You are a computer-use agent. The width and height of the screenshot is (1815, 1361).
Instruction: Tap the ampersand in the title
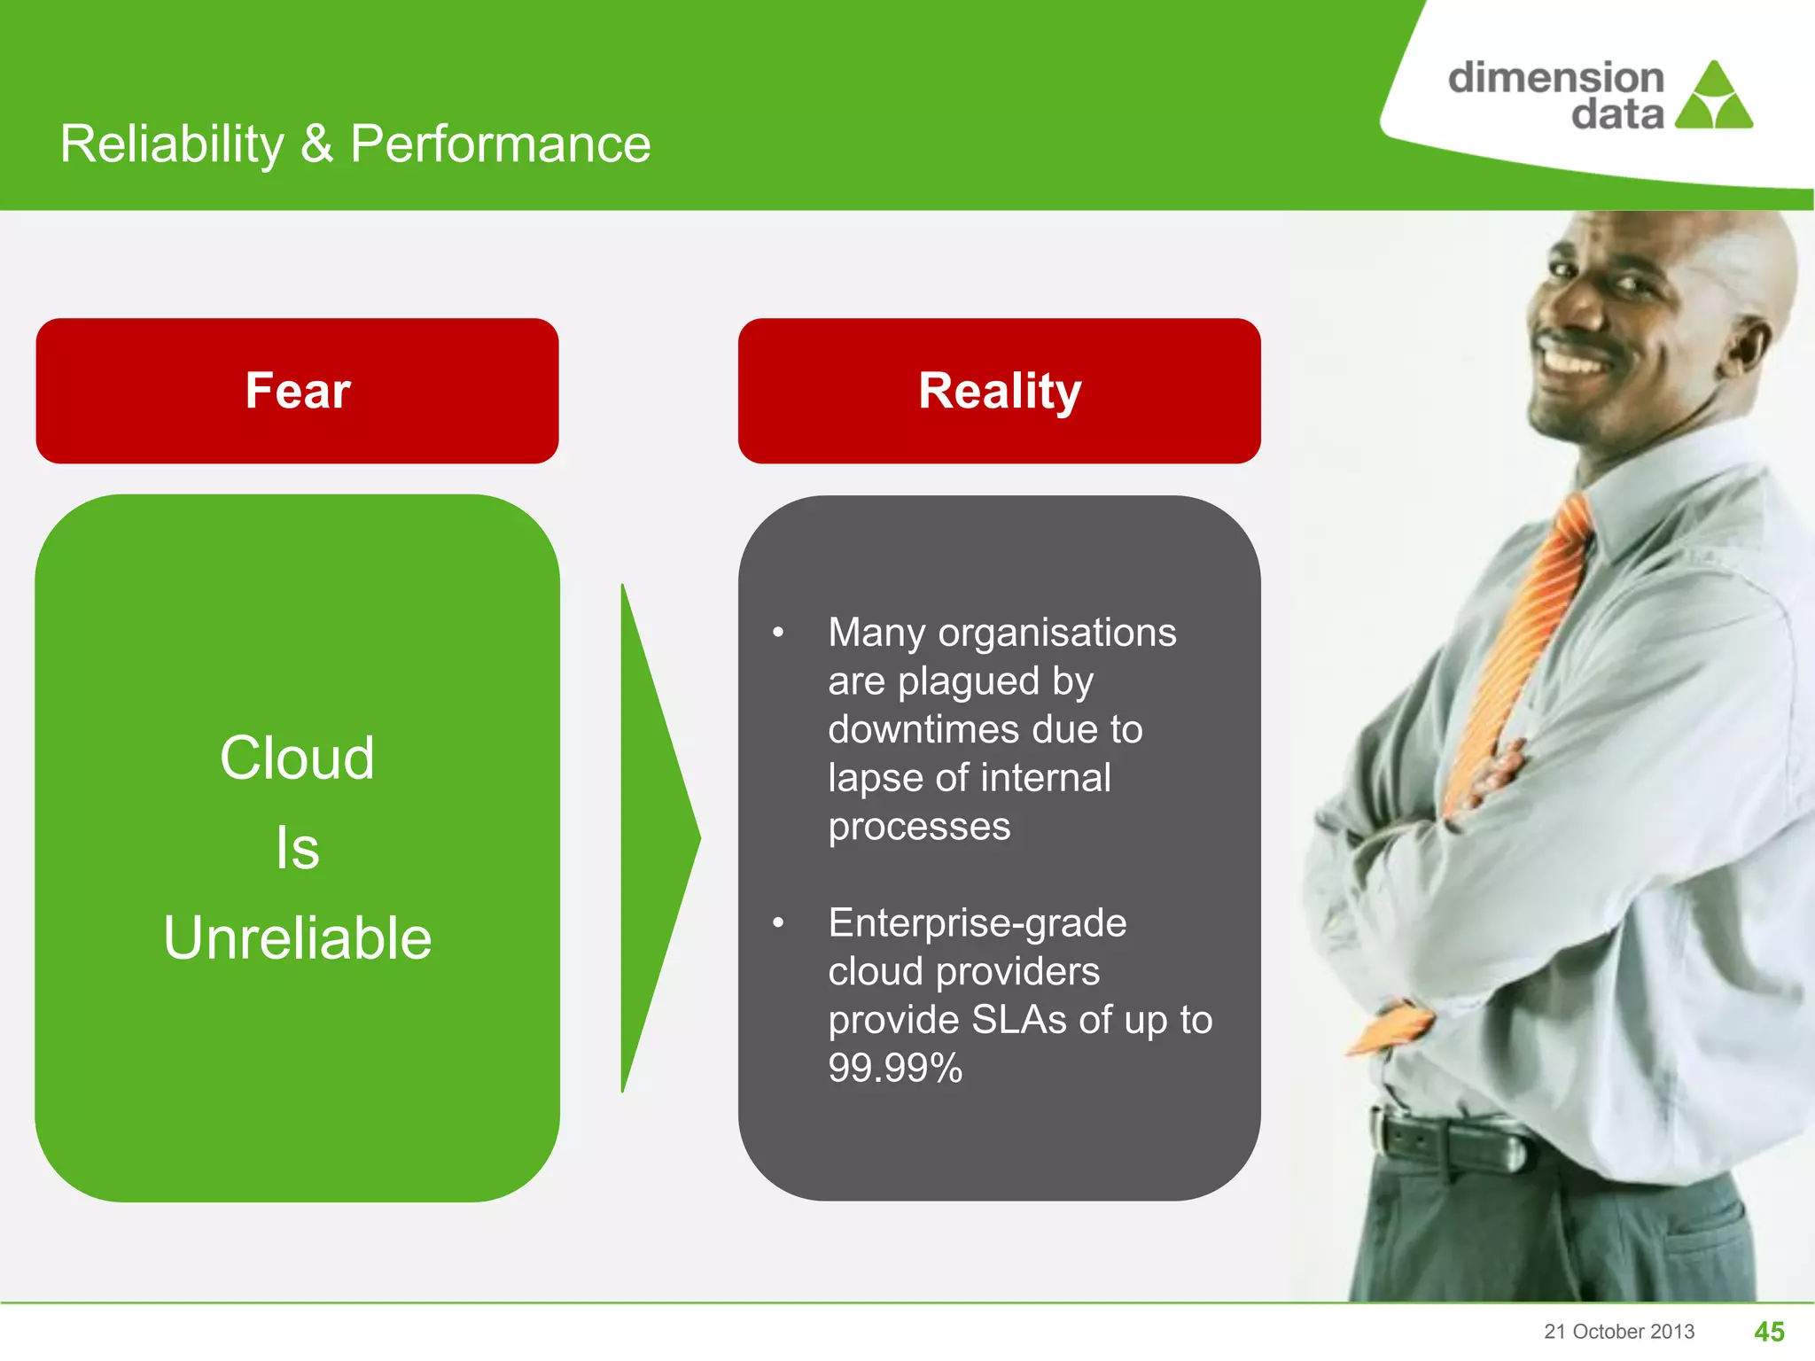(317, 144)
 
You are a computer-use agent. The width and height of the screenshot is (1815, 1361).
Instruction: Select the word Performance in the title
(501, 144)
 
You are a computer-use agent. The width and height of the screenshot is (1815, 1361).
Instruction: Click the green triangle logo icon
(1714, 97)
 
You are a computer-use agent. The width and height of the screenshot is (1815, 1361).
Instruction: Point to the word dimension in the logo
(1555, 78)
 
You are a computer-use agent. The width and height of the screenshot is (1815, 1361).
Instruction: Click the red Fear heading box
(298, 391)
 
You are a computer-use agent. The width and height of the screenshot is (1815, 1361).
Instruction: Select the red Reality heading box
(1000, 391)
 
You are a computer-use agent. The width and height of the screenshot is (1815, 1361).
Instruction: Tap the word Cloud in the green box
(298, 758)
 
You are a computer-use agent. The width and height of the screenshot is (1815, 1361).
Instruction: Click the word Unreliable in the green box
(298, 938)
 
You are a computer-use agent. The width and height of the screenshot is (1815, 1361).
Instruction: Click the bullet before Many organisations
(778, 633)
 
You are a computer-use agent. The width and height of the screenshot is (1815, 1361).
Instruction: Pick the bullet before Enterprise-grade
(778, 923)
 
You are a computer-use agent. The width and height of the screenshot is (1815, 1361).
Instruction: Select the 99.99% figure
(895, 1068)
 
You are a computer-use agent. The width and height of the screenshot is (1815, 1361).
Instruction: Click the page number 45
(1769, 1332)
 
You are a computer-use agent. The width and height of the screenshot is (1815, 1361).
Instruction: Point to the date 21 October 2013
(1619, 1332)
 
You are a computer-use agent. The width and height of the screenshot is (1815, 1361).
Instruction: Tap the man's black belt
(1453, 1143)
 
